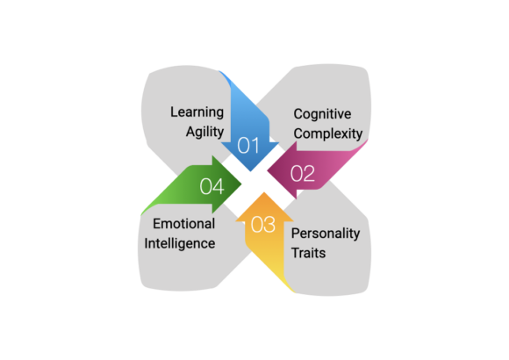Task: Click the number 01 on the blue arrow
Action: [248, 145]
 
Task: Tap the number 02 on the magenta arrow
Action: [303, 173]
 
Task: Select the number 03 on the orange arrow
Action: [263, 224]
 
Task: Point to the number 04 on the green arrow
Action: [212, 186]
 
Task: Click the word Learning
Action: [197, 112]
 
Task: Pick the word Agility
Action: [204, 133]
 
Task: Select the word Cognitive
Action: [322, 114]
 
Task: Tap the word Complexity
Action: [328, 133]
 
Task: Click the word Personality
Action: [326, 234]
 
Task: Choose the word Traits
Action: [308, 253]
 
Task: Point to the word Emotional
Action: [184, 224]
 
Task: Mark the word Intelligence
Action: [180, 244]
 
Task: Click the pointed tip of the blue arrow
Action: [250, 171]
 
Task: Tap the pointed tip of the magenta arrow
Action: [268, 170]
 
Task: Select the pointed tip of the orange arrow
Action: [264, 192]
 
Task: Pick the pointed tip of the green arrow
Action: [241, 184]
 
